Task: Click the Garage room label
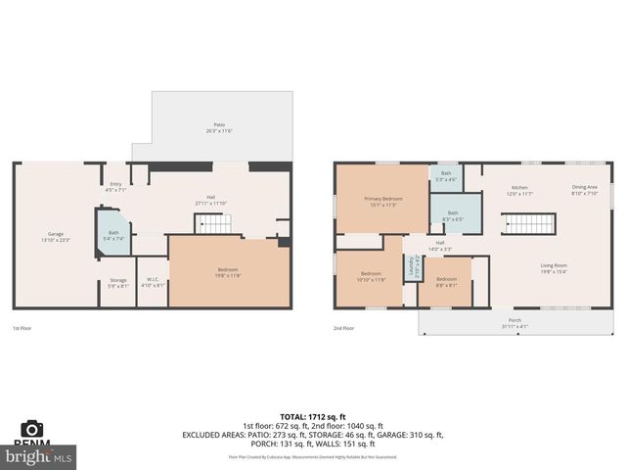56,236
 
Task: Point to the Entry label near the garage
115,186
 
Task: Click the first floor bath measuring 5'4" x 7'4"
113,235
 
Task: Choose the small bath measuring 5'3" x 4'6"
446,177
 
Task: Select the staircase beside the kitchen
528,224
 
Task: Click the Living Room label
555,267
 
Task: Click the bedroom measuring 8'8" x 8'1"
445,282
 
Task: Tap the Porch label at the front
514,322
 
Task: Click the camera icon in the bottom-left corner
33,429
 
